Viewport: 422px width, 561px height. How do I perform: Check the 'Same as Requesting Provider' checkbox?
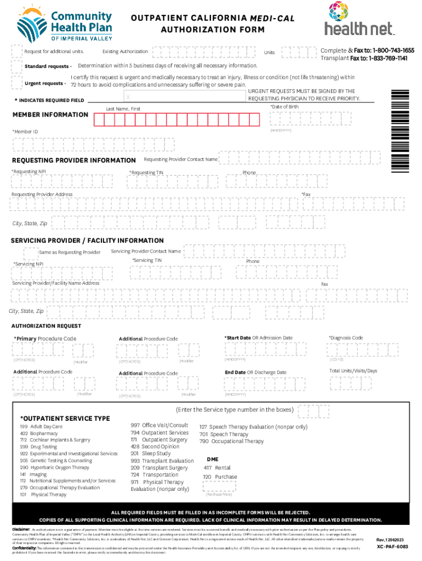point(31,252)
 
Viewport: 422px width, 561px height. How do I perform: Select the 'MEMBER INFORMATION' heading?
point(50,115)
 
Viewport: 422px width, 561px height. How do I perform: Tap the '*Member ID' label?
point(26,132)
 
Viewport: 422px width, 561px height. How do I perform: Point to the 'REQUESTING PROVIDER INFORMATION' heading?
point(73,161)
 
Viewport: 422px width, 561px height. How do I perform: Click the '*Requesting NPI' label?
point(28,171)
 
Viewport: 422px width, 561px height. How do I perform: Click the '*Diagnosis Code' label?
point(345,338)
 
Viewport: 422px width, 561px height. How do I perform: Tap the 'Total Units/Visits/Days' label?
point(353,371)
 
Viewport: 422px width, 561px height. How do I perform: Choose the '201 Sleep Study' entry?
point(151,454)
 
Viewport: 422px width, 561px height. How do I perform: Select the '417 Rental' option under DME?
point(217,468)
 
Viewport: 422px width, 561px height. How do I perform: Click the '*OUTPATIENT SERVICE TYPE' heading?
point(65,419)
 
